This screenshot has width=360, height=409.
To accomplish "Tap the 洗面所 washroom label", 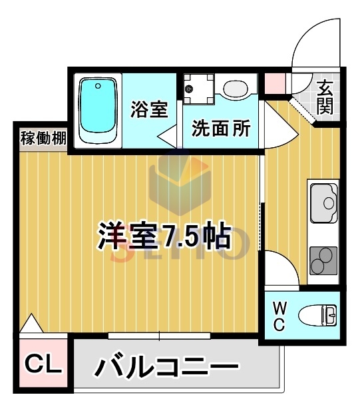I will pos(222,128).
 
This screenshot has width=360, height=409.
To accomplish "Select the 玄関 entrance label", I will pos(325,97).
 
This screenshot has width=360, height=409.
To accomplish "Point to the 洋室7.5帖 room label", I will pos(164,235).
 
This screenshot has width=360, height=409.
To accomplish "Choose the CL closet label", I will pos(43,365).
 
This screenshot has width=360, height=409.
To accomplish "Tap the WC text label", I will pos(279,316).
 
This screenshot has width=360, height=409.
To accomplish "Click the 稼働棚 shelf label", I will pos(43,139).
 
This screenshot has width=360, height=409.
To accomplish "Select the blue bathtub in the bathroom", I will pos(98,110).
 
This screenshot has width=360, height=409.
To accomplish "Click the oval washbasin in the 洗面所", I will pos(234,89).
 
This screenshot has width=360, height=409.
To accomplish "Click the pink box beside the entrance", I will pos(274,83).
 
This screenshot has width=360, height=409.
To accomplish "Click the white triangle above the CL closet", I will pos(29,324).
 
